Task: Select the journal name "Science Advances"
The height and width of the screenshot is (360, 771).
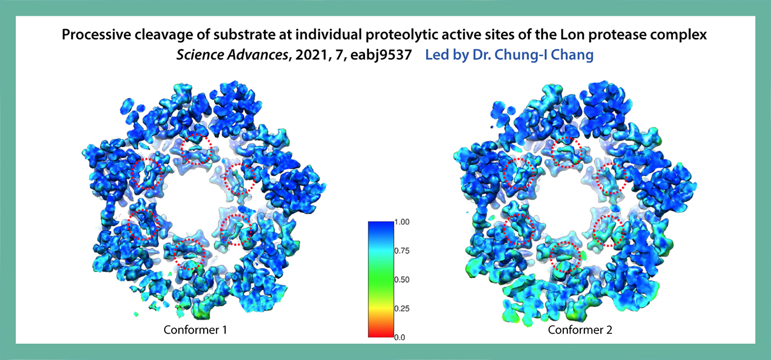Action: click(x=232, y=54)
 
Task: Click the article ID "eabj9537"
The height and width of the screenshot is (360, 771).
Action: click(x=381, y=55)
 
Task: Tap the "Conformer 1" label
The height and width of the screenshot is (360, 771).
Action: click(x=195, y=330)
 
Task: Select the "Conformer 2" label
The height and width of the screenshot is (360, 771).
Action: click(x=580, y=330)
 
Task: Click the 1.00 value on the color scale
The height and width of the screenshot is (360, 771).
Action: click(x=401, y=222)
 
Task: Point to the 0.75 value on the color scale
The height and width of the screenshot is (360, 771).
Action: click(x=401, y=251)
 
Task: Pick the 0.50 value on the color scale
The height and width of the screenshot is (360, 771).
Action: click(x=401, y=280)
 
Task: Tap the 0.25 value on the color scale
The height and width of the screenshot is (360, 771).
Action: click(x=401, y=309)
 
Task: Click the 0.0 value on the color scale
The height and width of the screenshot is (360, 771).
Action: click(x=400, y=337)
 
